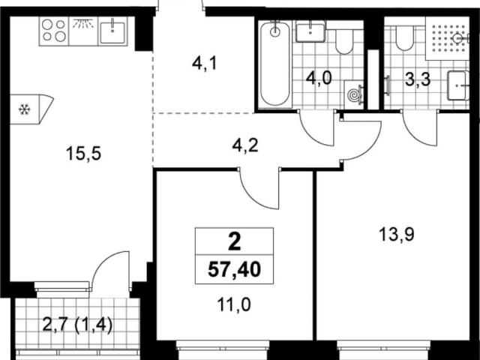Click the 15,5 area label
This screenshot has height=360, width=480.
click(x=83, y=154)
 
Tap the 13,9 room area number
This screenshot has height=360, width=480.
click(x=397, y=235)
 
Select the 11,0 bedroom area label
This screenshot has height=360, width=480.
click(x=234, y=304)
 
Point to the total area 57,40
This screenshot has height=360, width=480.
click(x=234, y=270)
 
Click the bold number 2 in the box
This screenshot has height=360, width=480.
click(x=235, y=241)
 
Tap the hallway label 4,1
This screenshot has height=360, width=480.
click(x=204, y=64)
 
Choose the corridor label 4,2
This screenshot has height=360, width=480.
click(x=245, y=145)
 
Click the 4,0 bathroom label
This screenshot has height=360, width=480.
click(x=319, y=79)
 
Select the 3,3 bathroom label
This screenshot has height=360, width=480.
click(x=418, y=79)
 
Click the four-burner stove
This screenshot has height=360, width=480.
click(x=54, y=31)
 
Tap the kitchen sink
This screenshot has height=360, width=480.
click(x=112, y=31)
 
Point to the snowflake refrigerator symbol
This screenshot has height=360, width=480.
click(x=24, y=109)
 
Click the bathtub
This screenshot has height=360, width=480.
click(x=275, y=64)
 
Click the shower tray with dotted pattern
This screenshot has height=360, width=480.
click(x=447, y=38)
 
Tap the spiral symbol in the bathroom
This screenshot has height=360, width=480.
click(x=355, y=94)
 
